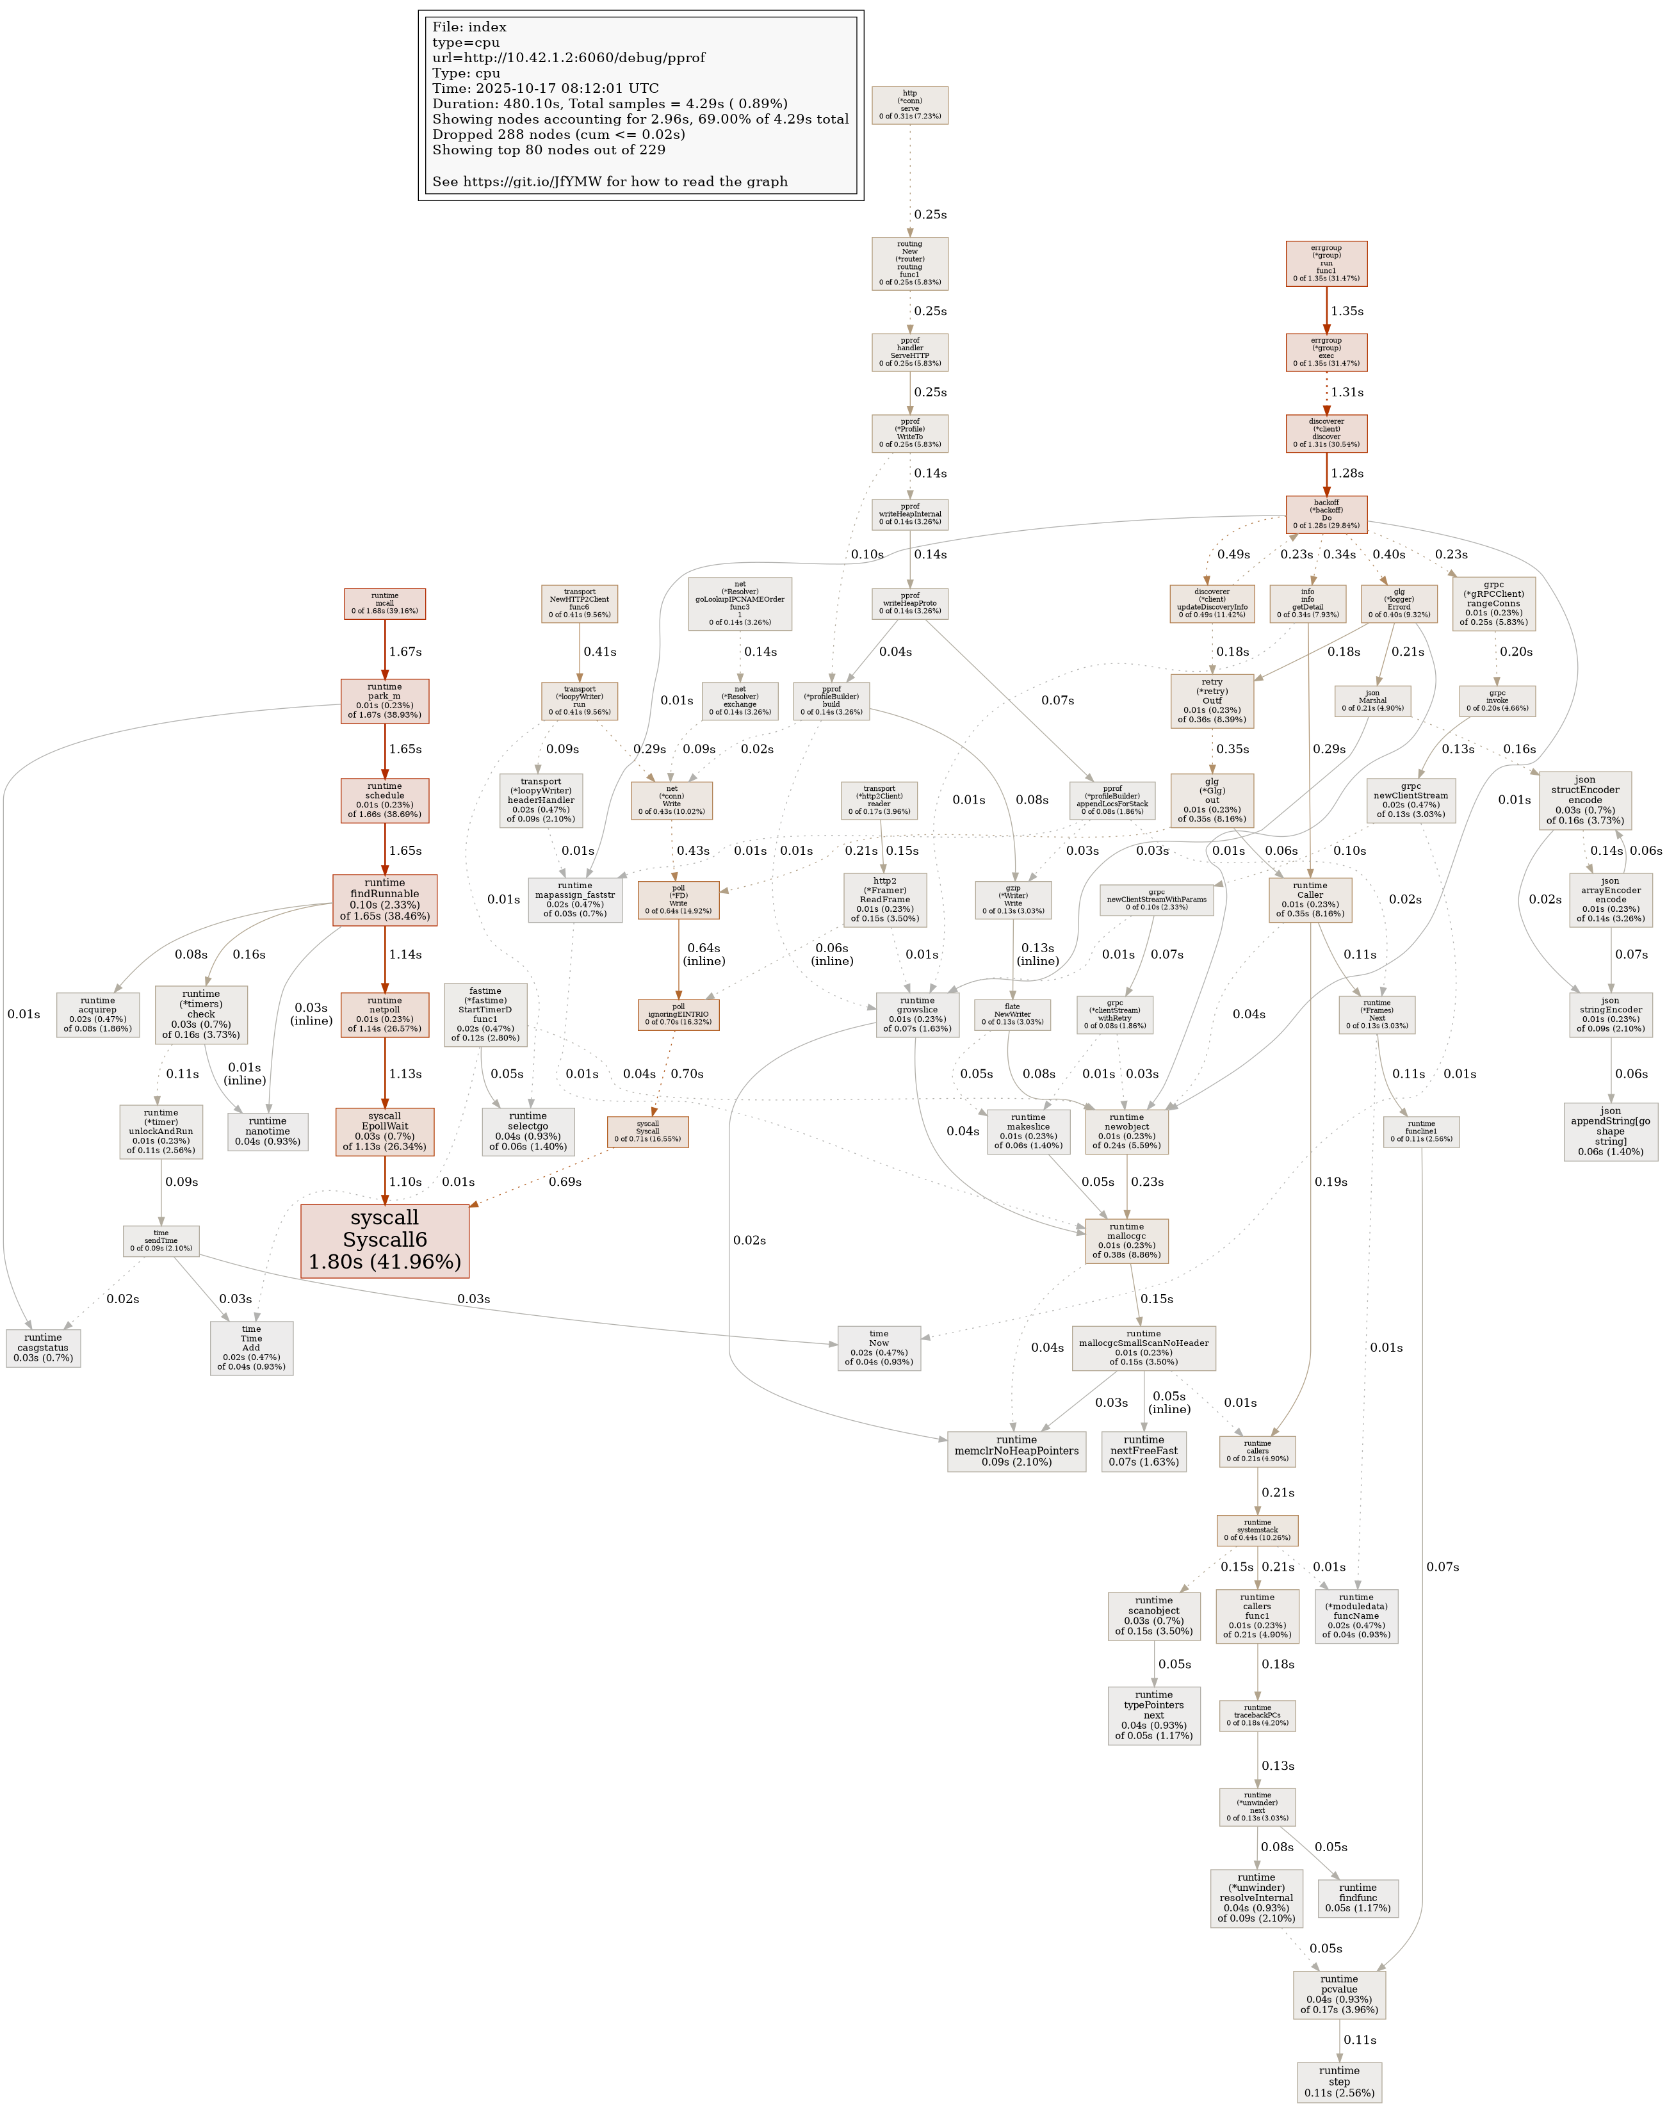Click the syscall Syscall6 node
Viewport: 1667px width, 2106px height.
click(384, 1240)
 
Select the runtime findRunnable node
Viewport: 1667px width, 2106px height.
click(384, 899)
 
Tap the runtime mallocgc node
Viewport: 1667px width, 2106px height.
click(1126, 1240)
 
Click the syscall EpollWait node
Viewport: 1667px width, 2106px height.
click(384, 1130)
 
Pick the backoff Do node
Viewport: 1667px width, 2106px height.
click(1326, 514)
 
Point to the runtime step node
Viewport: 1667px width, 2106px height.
click(1339, 2080)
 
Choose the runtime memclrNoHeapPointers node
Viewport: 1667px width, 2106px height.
click(1016, 1451)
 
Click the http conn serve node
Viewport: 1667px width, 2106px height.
click(909, 106)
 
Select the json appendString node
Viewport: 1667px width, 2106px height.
click(1611, 1130)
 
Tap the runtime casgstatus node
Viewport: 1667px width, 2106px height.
click(43, 1347)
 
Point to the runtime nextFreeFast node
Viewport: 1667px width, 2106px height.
click(1143, 1451)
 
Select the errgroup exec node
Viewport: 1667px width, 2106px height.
click(1326, 352)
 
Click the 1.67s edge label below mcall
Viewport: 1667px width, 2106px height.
click(405, 651)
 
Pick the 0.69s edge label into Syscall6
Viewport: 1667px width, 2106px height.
click(564, 1182)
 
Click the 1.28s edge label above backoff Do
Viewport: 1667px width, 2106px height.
click(1347, 473)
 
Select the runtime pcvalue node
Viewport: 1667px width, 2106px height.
click(1339, 1994)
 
